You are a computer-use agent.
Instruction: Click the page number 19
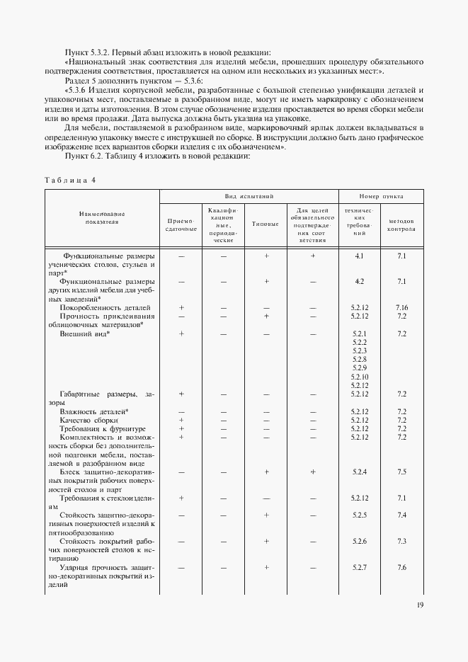pos(421,605)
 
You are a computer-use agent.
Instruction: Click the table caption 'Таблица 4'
pos(70,180)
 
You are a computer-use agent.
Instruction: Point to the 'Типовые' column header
pos(266,224)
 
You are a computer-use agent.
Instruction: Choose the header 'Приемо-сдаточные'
pos(181,224)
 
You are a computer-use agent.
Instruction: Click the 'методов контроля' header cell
pos(401,225)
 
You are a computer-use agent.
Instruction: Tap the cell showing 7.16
pos(401,307)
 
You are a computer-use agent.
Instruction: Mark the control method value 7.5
pos(401,471)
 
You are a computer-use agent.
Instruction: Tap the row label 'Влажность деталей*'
pos(93,411)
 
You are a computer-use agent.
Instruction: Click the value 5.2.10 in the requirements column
pos(360,377)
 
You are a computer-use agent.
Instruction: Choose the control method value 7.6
pos(401,567)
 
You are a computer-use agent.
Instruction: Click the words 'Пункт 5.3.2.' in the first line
pos(86,52)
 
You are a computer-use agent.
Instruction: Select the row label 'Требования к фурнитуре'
pos(103,428)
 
